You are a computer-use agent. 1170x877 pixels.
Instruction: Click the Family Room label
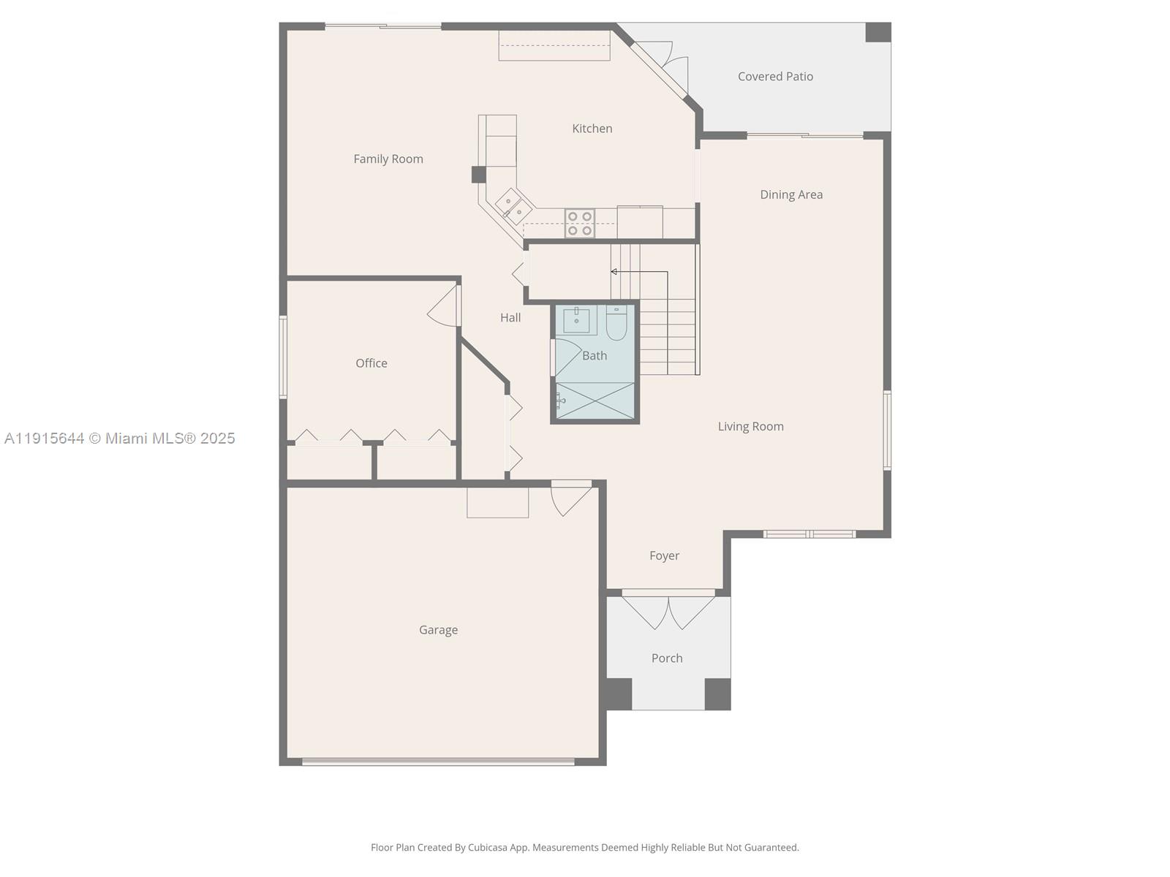point(388,159)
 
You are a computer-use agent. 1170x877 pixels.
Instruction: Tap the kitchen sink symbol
point(513,205)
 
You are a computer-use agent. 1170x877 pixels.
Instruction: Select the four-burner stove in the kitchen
point(579,223)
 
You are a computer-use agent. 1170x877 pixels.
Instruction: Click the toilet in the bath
point(616,324)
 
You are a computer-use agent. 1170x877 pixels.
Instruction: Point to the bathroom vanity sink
point(576,320)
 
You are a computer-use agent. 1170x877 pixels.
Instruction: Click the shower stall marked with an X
point(595,400)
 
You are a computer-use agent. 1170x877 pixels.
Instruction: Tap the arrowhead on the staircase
point(614,272)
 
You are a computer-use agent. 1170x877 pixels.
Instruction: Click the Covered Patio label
point(775,76)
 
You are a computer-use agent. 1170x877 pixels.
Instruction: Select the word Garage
point(438,629)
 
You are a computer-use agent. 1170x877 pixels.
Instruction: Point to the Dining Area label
point(791,194)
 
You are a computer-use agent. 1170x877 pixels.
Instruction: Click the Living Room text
point(750,426)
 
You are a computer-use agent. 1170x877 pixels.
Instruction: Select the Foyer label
point(664,555)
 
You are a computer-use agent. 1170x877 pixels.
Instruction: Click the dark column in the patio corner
point(877,32)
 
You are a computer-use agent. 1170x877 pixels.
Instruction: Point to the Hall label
point(510,317)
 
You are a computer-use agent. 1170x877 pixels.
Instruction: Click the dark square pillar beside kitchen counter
point(478,175)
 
